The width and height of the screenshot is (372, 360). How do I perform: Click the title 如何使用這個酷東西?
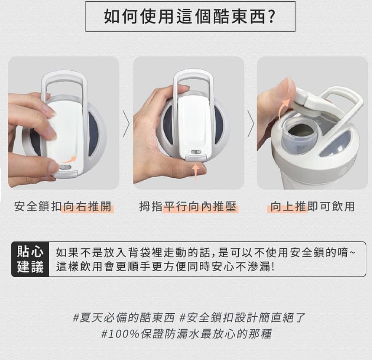pyautogui.click(x=190, y=16)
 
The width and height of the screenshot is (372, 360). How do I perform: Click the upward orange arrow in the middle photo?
pyautogui.click(x=195, y=173)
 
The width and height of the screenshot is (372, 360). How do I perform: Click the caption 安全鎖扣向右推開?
pyautogui.click(x=63, y=207)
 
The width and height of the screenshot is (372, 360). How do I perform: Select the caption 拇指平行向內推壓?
pyautogui.click(x=188, y=207)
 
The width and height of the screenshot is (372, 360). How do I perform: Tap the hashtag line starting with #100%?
pyautogui.click(x=186, y=334)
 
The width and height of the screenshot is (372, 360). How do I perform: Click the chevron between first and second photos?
pyautogui.click(x=126, y=125)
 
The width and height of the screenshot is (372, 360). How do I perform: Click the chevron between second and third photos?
pyautogui.click(x=251, y=125)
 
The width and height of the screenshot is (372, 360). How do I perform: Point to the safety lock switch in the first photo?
pyautogui.click(x=65, y=167)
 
